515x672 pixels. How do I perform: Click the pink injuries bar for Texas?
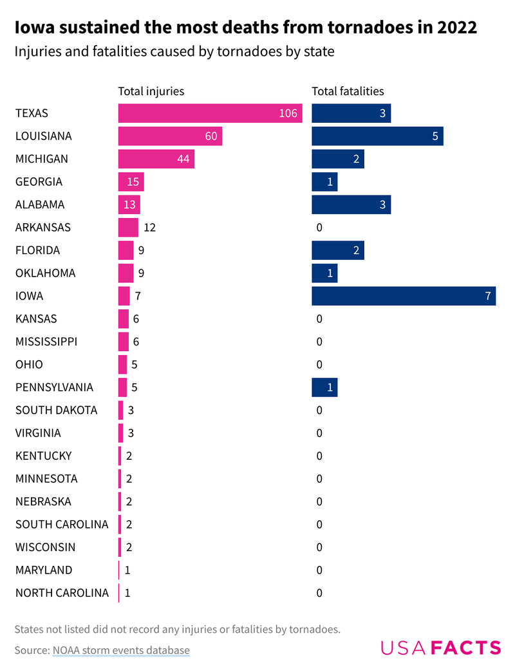coord(210,113)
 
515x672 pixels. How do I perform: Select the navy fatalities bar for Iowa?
coord(404,296)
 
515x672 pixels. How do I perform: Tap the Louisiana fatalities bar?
coord(377,136)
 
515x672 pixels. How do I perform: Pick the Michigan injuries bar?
coord(156,159)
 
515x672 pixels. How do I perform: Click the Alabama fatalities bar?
coord(351,204)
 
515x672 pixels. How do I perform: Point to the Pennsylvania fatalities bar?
coord(324,387)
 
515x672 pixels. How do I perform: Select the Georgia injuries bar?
coord(131,182)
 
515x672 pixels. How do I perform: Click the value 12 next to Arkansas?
coord(150,228)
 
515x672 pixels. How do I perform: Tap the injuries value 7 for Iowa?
coord(138,296)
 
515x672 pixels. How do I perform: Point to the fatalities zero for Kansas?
coord(319,319)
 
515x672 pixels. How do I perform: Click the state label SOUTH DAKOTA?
coord(57,410)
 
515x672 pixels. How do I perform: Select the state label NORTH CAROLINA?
coord(62,593)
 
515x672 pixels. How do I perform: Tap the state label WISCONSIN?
coord(46,547)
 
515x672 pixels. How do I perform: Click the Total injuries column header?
coord(151,91)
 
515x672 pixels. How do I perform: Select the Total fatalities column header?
coord(348,91)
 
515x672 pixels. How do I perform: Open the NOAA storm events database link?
coord(121,650)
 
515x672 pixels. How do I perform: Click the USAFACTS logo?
coord(440,648)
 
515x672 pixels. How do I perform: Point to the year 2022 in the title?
coord(455,28)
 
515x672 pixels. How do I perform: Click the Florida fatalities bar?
coord(338,250)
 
